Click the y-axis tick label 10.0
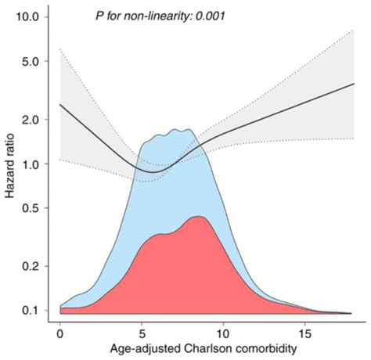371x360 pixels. [x=36, y=17]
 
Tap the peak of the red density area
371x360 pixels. [x=200, y=217]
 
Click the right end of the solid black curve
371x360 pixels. [x=355, y=83]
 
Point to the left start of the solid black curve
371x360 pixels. [x=60, y=104]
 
